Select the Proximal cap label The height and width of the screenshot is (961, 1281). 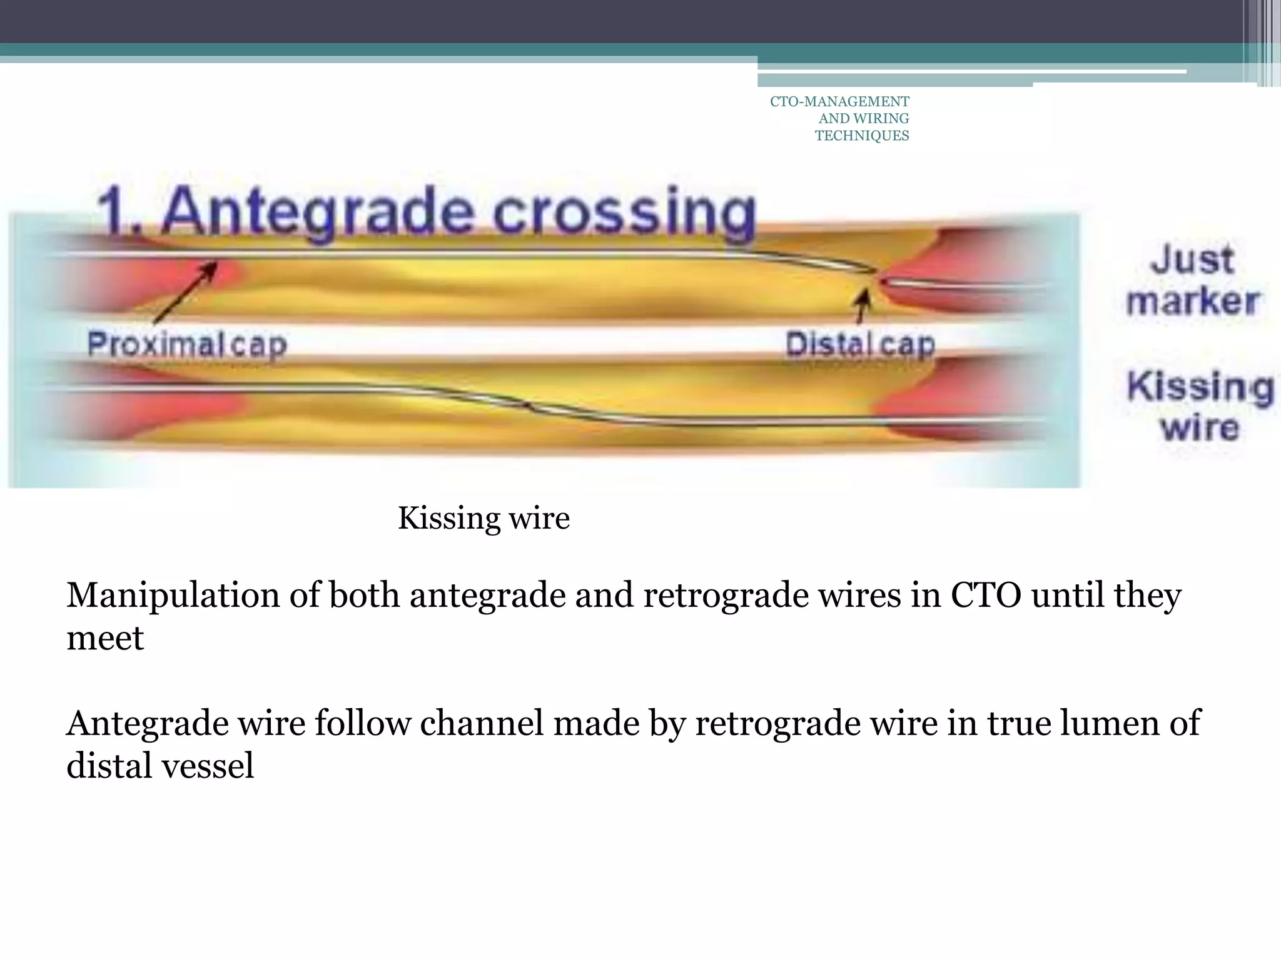pos(187,344)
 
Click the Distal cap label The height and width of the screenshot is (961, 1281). pos(860,344)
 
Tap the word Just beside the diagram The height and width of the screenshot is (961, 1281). pos(1192,259)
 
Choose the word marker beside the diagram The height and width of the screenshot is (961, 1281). pos(1193,302)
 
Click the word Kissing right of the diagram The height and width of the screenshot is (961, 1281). pos(1200,387)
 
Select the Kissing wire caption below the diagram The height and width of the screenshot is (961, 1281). pos(484,518)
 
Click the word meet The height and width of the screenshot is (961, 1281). pos(105,638)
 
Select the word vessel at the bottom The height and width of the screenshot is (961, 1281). pos(208,766)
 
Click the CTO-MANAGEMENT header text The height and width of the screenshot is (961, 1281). pos(839,101)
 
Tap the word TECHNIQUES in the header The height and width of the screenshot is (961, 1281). pos(861,136)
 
